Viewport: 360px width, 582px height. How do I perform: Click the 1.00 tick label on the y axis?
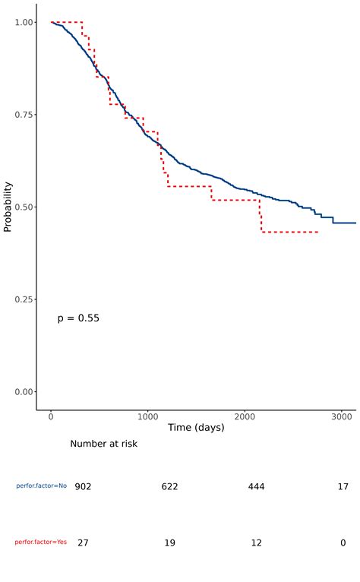click(23, 22)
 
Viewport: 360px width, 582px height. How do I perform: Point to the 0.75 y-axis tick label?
click(23, 115)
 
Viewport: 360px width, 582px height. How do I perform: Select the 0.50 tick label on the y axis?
click(23, 207)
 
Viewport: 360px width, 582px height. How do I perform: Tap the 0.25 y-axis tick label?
click(23, 299)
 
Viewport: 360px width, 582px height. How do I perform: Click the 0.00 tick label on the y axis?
click(23, 392)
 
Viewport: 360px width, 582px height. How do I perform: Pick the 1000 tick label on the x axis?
click(148, 417)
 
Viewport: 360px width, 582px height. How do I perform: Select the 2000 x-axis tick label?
click(245, 417)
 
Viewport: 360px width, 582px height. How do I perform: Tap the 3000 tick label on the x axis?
click(342, 417)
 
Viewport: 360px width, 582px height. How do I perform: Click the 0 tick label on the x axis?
click(51, 417)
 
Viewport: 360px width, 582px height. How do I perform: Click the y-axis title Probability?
click(8, 206)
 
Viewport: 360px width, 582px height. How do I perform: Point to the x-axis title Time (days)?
click(196, 429)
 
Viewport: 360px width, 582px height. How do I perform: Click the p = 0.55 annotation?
click(78, 318)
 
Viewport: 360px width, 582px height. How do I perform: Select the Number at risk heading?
click(104, 444)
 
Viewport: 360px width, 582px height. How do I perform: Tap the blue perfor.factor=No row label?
click(42, 486)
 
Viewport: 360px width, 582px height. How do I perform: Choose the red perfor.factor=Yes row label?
click(41, 542)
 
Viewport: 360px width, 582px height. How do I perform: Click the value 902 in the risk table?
click(83, 486)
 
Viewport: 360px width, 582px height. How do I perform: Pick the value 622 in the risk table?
click(169, 486)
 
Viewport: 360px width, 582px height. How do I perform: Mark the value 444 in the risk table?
click(256, 486)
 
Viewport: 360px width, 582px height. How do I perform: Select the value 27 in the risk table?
click(83, 542)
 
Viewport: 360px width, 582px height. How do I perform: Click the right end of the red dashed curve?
click(317, 232)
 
